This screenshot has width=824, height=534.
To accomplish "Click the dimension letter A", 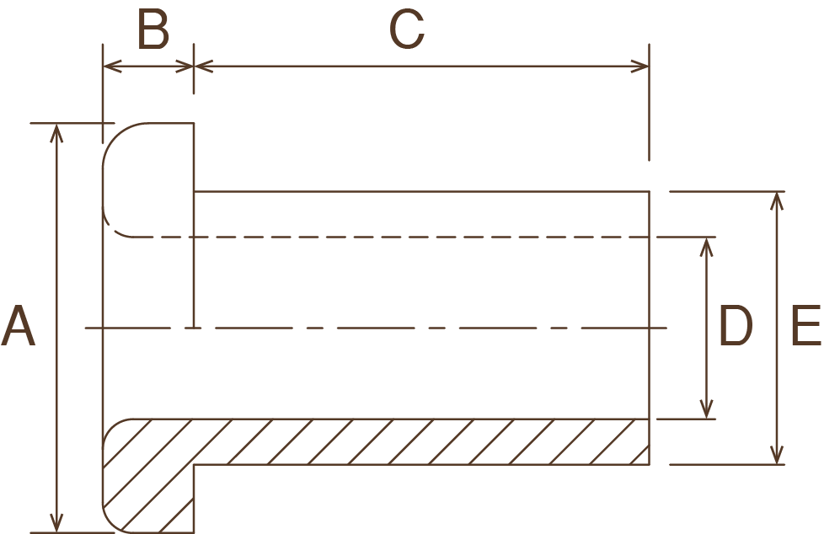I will click(x=19, y=327).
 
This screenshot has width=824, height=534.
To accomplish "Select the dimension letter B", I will click(x=153, y=31).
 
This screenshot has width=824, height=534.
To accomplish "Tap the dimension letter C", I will click(x=407, y=31).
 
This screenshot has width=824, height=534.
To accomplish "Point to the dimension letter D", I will click(x=735, y=327).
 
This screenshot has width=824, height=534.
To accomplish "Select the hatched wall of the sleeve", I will click(x=421, y=441).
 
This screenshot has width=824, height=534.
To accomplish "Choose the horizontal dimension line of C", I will click(x=421, y=66).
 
